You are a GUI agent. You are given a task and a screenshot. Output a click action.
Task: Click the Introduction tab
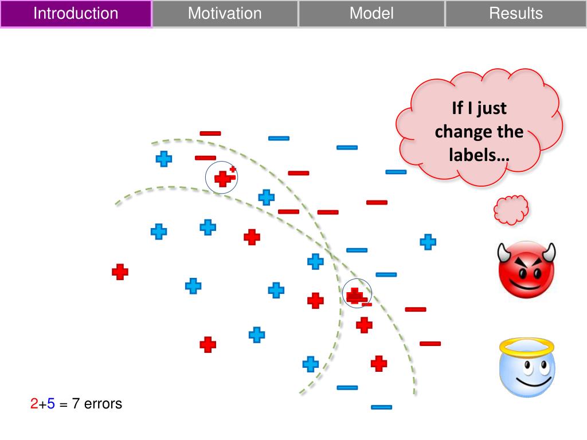(76, 14)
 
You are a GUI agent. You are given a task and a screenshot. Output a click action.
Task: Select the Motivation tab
(225, 14)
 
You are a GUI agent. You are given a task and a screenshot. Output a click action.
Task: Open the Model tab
(371, 14)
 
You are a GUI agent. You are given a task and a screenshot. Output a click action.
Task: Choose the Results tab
(516, 14)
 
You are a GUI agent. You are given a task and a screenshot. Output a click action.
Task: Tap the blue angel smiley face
(527, 368)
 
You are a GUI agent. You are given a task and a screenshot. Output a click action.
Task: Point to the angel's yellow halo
(527, 347)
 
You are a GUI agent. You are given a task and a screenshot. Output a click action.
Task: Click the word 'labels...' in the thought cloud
(479, 155)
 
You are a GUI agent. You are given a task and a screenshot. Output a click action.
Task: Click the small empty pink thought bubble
(511, 210)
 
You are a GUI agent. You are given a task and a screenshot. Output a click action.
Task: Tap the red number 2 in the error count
(34, 404)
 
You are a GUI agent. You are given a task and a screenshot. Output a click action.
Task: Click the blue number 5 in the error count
(51, 404)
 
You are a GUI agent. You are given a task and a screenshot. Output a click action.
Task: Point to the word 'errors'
(103, 404)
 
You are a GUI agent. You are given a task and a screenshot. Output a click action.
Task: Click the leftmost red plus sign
(120, 272)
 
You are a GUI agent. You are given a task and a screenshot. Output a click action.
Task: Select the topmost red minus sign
(210, 133)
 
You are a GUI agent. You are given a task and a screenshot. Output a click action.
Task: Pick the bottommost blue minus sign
(381, 407)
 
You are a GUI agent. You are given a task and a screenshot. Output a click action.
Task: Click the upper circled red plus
(223, 179)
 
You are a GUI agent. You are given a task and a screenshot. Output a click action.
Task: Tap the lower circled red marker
(355, 296)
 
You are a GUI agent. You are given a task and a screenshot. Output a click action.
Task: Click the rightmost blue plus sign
(428, 242)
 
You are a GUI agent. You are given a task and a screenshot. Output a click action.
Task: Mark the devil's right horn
(550, 252)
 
